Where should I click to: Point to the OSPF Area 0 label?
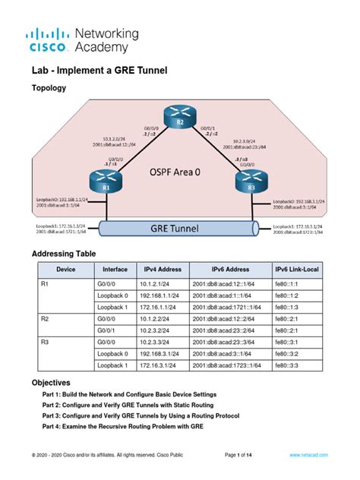pyautogui.click(x=174, y=172)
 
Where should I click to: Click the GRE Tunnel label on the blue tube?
pyautogui.click(x=175, y=226)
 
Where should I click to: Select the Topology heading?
pyautogui.click(x=49, y=88)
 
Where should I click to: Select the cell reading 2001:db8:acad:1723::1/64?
pyautogui.click(x=231, y=366)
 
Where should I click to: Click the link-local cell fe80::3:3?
pyautogui.click(x=289, y=366)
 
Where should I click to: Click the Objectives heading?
pyautogui.click(x=51, y=383)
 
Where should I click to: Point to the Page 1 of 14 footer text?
pyautogui.click(x=243, y=454)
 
